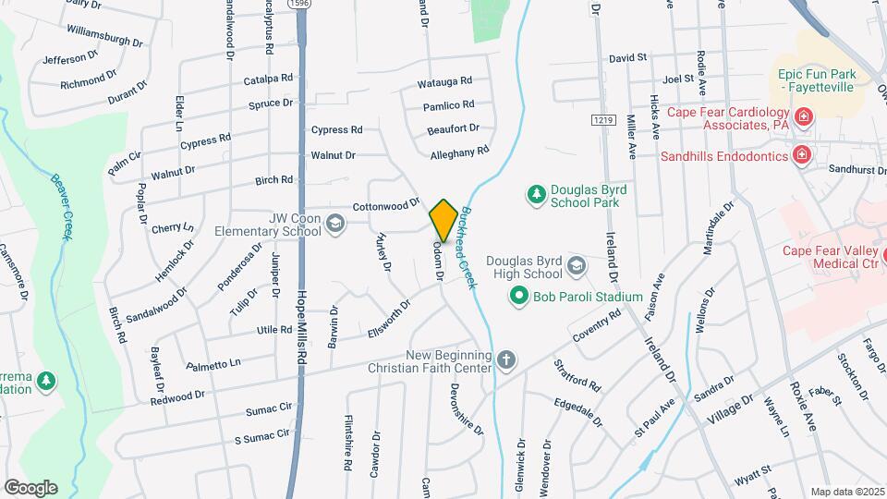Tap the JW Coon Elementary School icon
coord(334,223)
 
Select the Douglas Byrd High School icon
coord(577,267)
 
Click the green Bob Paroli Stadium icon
coord(518,297)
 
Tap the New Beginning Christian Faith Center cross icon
coord(505,359)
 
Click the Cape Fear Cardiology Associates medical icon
coord(804,116)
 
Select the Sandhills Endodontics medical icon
coord(801,154)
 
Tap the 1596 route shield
coord(298,5)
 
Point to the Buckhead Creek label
coord(469,247)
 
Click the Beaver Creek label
coord(62,207)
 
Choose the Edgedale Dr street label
coord(578,411)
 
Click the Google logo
coord(30,487)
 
